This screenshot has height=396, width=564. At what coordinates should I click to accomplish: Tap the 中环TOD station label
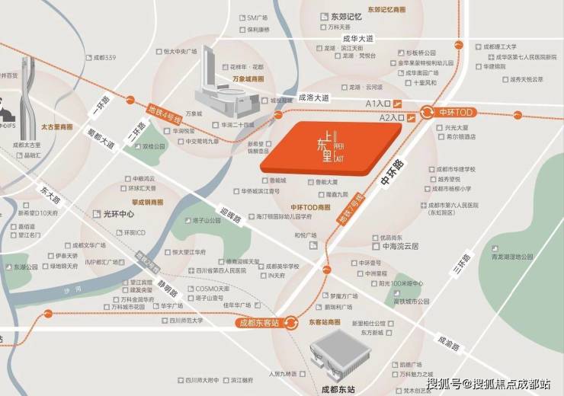[456, 112]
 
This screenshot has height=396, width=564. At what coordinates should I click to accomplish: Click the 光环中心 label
[119, 214]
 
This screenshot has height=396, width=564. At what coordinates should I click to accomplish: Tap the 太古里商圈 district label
[58, 126]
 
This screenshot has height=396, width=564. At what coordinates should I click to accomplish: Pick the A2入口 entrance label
[390, 118]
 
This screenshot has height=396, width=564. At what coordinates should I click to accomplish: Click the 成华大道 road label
[358, 38]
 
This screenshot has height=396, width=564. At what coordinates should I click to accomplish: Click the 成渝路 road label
[450, 343]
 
